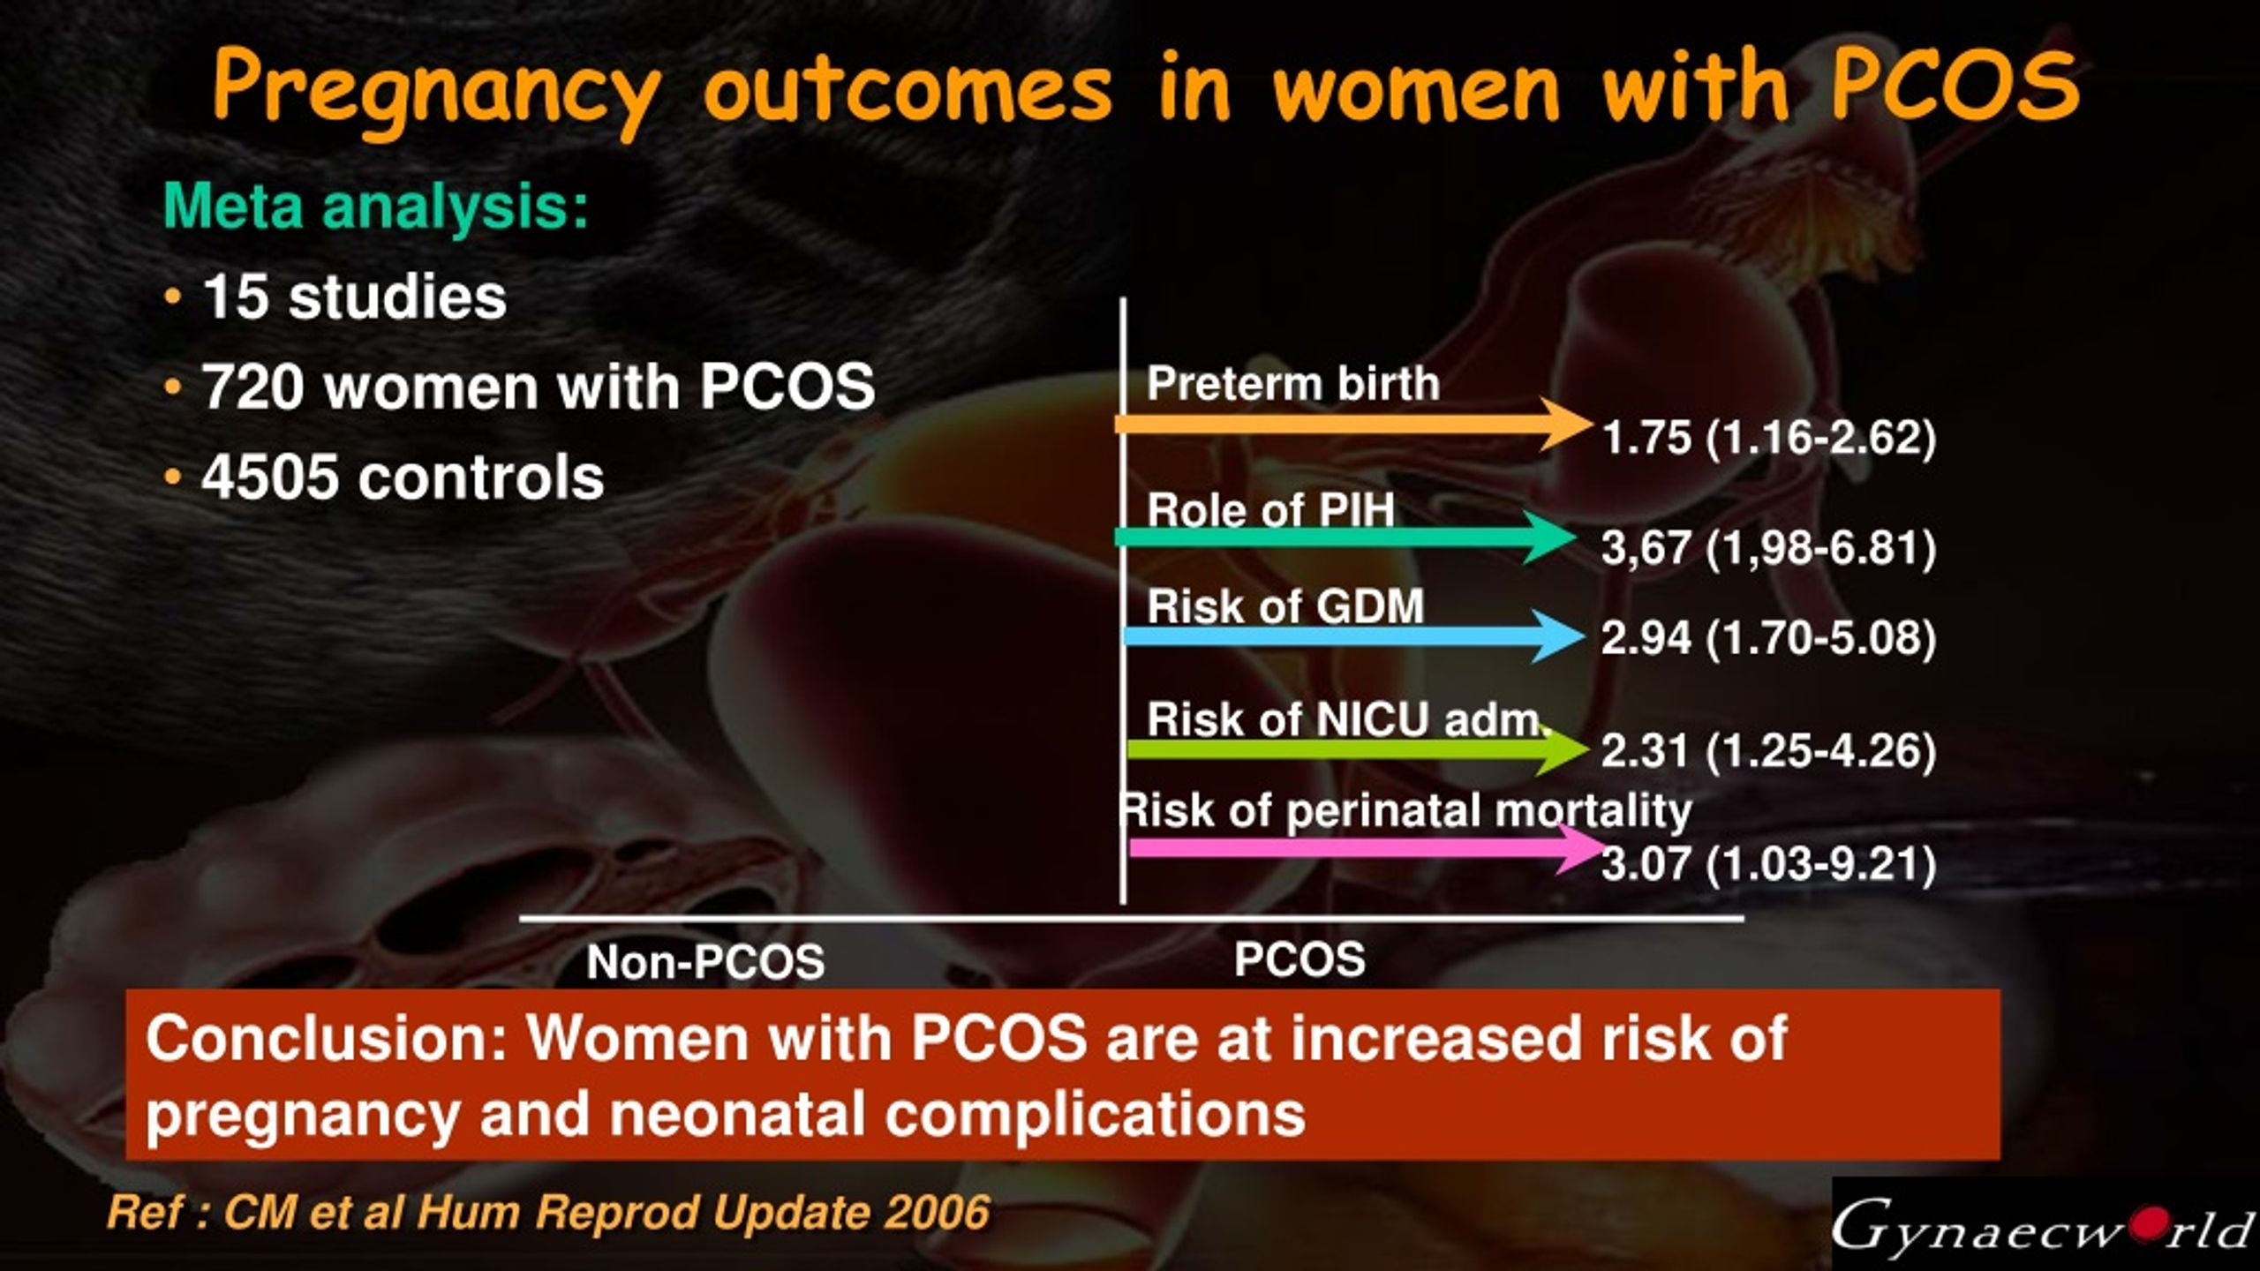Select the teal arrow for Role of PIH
(x=1342, y=537)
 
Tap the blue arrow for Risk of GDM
(x=1351, y=635)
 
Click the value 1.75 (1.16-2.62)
(x=1768, y=438)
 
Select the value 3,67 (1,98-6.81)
(x=1768, y=548)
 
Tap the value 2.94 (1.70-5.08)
(x=1768, y=638)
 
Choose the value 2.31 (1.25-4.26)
(x=1768, y=751)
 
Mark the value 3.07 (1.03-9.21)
(x=1768, y=864)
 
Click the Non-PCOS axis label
(x=705, y=962)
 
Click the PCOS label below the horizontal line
(x=1299, y=959)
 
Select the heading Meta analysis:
(x=376, y=207)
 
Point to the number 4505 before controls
(x=270, y=478)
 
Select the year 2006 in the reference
(x=937, y=1213)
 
